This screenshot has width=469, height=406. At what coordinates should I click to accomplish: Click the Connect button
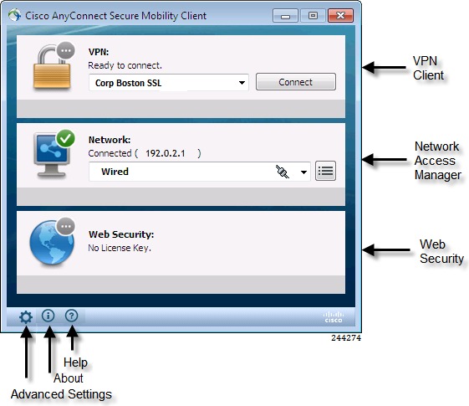(295, 82)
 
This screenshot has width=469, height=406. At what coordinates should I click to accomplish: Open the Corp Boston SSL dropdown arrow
(242, 83)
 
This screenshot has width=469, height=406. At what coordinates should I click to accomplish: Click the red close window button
(340, 16)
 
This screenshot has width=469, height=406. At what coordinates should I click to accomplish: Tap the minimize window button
(285, 16)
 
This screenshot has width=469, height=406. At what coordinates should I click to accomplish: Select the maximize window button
(313, 16)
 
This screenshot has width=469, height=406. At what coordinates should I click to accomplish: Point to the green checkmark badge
(65, 138)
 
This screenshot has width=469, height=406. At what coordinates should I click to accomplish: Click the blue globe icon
(52, 243)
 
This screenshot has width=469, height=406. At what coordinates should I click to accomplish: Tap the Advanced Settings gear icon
(26, 316)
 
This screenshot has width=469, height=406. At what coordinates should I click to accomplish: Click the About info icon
(48, 316)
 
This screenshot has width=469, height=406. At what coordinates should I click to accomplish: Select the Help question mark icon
(72, 316)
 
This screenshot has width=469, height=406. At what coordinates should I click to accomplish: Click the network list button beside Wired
(325, 171)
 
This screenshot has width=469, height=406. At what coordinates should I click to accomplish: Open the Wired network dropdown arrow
(303, 172)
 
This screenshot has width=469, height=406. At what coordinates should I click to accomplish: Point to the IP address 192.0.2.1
(165, 153)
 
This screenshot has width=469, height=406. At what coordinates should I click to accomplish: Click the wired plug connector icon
(283, 172)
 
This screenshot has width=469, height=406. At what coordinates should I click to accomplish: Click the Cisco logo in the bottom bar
(334, 317)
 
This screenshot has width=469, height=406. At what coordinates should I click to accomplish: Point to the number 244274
(346, 337)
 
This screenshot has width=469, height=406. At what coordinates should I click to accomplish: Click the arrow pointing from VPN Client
(384, 67)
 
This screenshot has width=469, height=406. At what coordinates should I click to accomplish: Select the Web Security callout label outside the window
(441, 251)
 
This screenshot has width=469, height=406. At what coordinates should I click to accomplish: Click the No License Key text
(120, 248)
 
